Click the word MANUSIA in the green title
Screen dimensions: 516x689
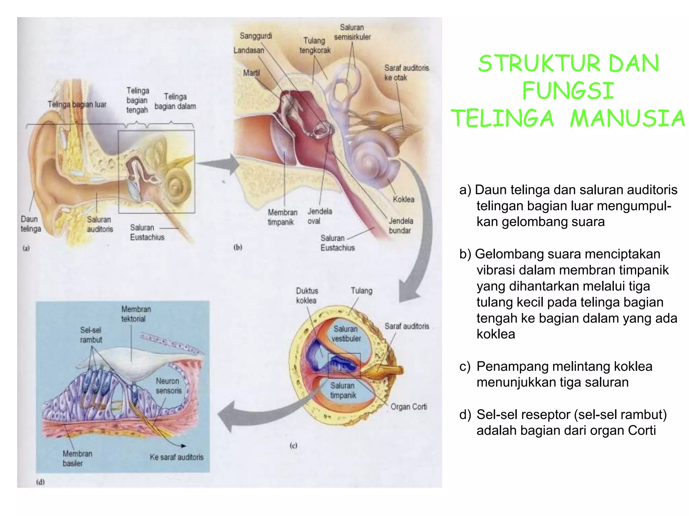point(627,119)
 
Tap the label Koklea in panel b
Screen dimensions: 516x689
point(403,199)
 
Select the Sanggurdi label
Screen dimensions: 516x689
point(256,36)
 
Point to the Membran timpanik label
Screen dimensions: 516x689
point(282,217)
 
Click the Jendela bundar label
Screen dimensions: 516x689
point(400,225)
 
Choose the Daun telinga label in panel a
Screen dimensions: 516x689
point(31,224)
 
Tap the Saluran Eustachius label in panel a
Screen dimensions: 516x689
point(147,232)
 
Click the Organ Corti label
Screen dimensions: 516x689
point(408,407)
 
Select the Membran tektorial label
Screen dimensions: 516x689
point(136,314)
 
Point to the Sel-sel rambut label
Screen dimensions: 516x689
point(91,335)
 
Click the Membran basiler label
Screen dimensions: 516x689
point(77,458)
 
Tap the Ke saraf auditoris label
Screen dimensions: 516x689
point(177,457)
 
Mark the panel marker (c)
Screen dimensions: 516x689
point(293,446)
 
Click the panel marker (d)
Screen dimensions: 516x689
point(40,482)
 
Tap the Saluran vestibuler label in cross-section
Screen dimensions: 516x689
point(346,334)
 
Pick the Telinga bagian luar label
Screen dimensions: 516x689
point(77,104)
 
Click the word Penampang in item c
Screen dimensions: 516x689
point(508,366)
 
